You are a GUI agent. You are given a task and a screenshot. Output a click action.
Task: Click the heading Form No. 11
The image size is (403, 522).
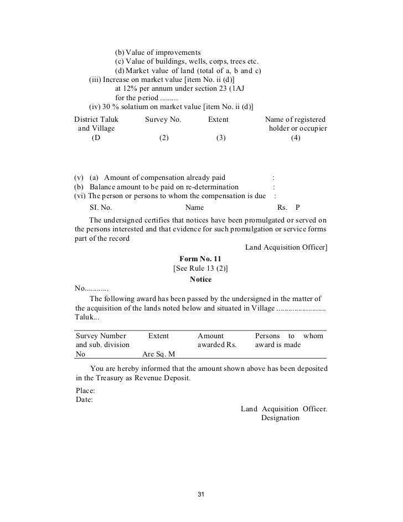point(200,259)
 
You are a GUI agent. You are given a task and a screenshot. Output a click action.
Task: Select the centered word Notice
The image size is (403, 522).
point(200,280)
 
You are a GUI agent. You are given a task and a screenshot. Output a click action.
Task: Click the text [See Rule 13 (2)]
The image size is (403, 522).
point(200,268)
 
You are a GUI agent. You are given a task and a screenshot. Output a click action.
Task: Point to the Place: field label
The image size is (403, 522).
point(84,390)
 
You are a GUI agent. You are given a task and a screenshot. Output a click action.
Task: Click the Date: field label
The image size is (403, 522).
point(84,400)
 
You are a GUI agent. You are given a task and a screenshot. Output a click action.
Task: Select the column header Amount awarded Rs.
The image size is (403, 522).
point(217,340)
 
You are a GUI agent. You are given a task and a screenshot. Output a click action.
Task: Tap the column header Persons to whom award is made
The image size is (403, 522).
point(288,340)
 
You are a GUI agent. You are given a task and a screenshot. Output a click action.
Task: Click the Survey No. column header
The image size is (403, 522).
point(163,119)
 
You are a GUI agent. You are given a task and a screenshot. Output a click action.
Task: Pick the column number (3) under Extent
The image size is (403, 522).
point(221,139)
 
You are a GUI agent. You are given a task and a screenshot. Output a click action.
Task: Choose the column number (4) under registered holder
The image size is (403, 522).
point(295,139)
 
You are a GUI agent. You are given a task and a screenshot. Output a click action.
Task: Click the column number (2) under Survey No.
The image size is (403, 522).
point(163,139)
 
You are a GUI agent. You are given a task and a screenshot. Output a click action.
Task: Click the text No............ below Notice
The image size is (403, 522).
point(91,288)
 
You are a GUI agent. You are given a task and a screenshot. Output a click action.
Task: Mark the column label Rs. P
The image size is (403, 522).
point(288,208)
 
